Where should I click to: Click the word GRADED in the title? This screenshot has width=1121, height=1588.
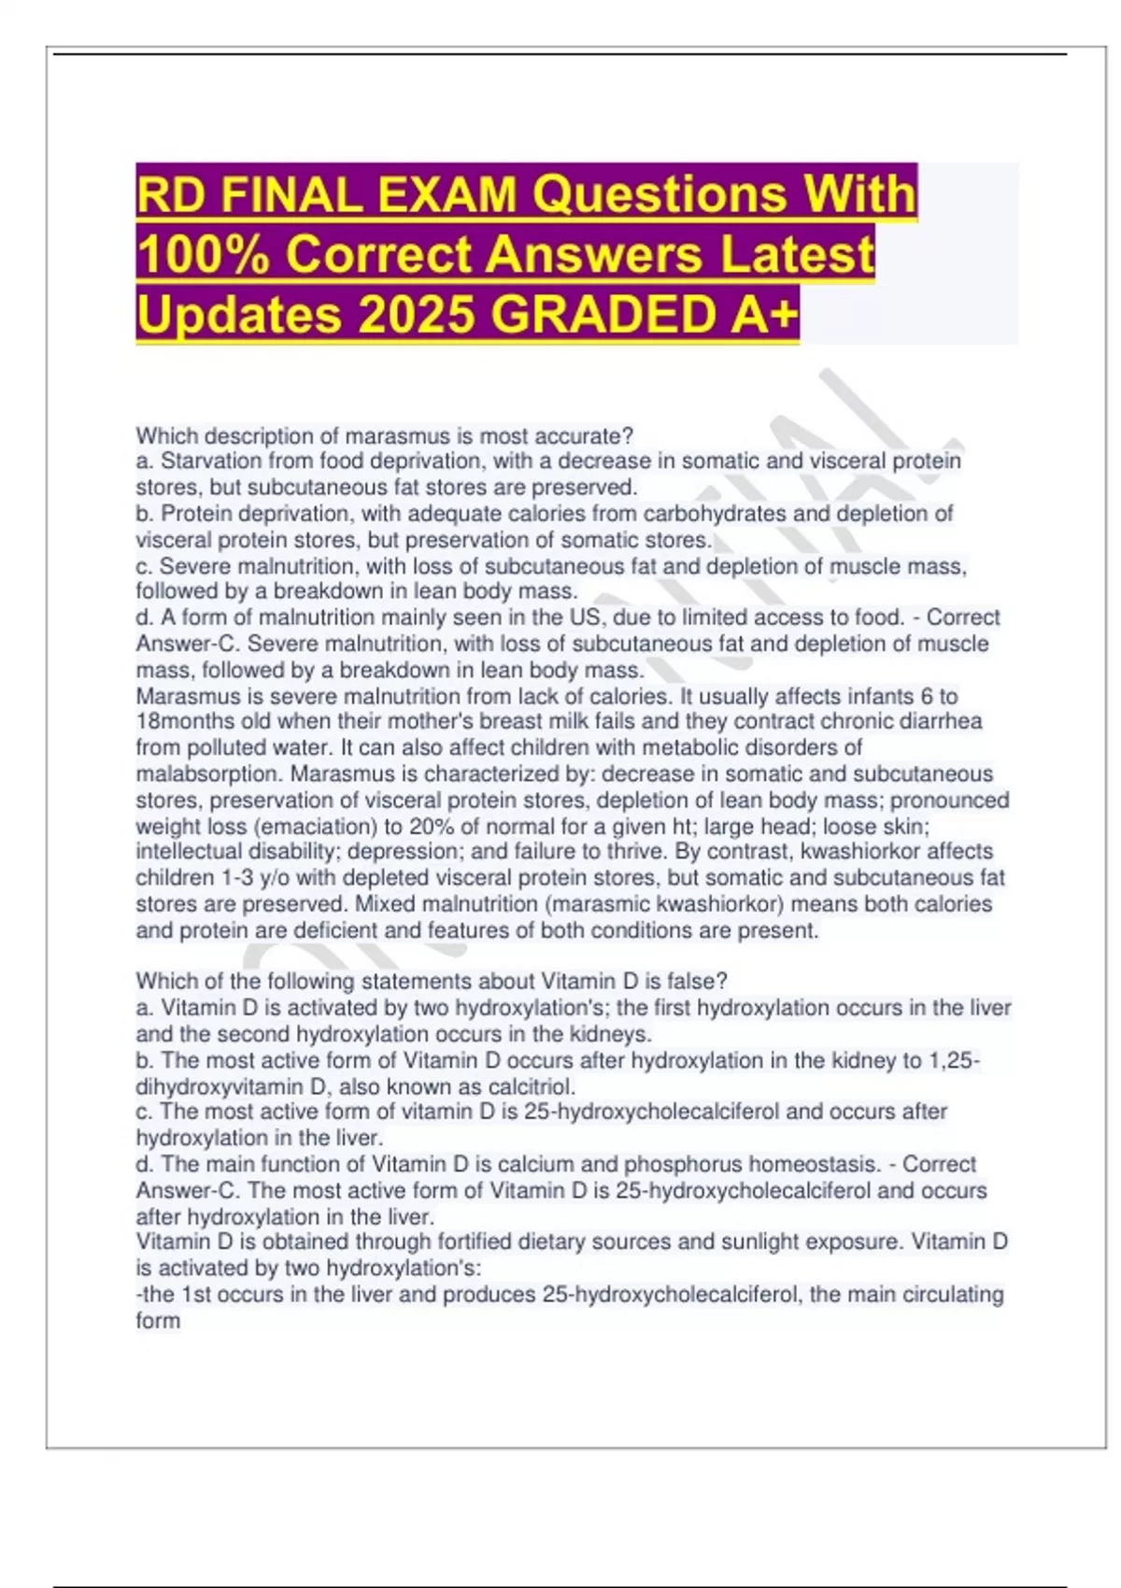coord(604,314)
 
